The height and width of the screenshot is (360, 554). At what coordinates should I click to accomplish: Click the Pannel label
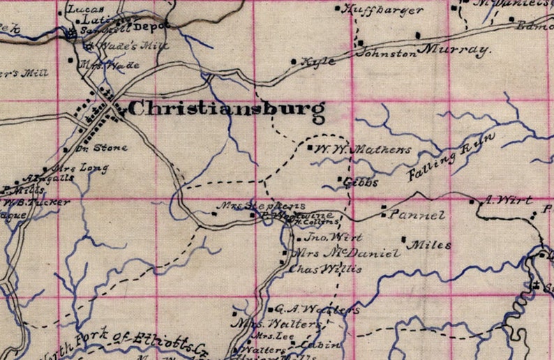point(417,215)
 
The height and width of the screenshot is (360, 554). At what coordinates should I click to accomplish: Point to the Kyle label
point(317,62)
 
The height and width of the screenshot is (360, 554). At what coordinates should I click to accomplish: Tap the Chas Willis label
point(324,270)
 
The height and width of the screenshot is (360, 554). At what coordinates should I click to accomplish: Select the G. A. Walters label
point(317,310)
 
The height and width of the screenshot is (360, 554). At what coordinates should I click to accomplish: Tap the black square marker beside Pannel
point(383,207)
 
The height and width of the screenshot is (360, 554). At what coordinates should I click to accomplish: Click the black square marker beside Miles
point(405,239)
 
